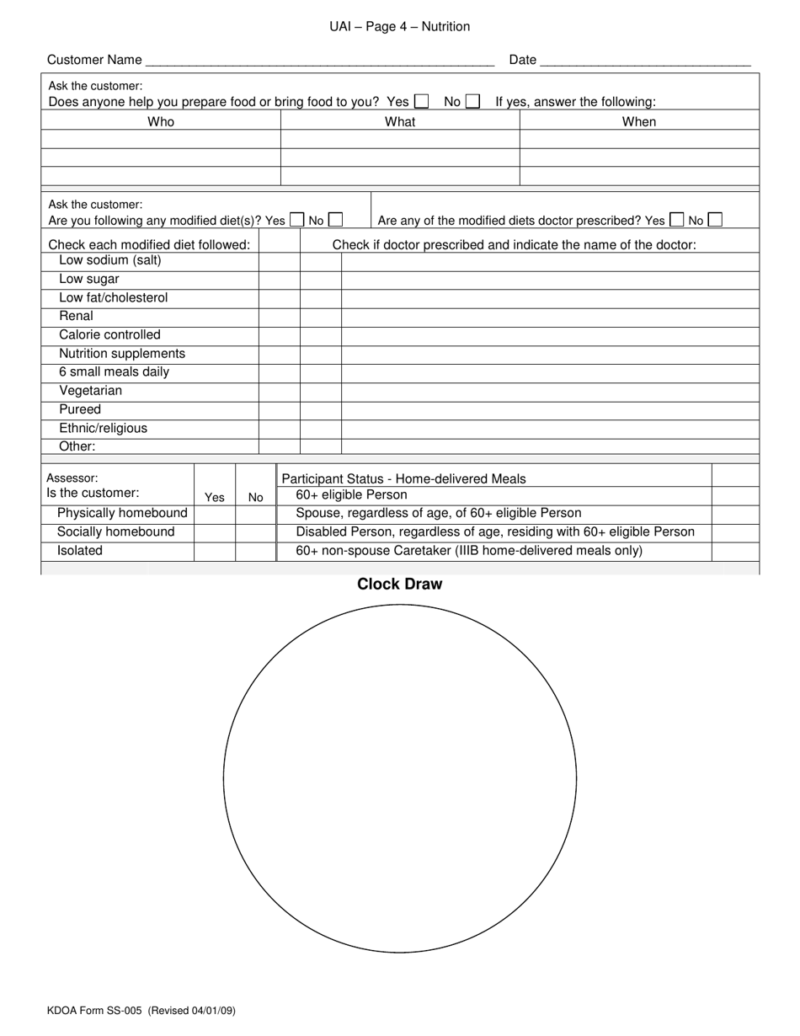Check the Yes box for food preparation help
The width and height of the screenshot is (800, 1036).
point(422,101)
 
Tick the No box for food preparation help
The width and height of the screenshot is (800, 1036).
point(473,101)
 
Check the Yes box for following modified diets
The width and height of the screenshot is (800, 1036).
point(296,220)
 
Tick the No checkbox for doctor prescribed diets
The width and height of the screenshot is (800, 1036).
point(715,220)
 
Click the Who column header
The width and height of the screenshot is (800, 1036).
point(161,121)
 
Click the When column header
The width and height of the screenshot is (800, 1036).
point(639,121)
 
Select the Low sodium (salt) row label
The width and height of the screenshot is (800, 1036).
point(110,260)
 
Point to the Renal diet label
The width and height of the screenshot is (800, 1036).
point(76,316)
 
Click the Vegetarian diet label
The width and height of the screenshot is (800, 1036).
point(90,391)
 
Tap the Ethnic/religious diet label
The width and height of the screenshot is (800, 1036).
point(103,428)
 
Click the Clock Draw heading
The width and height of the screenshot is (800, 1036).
point(399,584)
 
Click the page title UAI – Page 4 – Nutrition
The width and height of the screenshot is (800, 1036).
point(399,27)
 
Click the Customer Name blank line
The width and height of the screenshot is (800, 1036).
point(319,61)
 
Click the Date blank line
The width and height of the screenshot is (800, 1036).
point(644,61)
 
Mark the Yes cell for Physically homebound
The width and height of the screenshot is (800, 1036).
point(215,514)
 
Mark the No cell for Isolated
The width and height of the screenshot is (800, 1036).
point(256,551)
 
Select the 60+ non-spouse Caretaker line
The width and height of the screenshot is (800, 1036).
point(469,551)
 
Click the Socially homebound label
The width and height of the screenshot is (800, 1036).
point(115,532)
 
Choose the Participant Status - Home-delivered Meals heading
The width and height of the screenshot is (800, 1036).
point(403,478)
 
